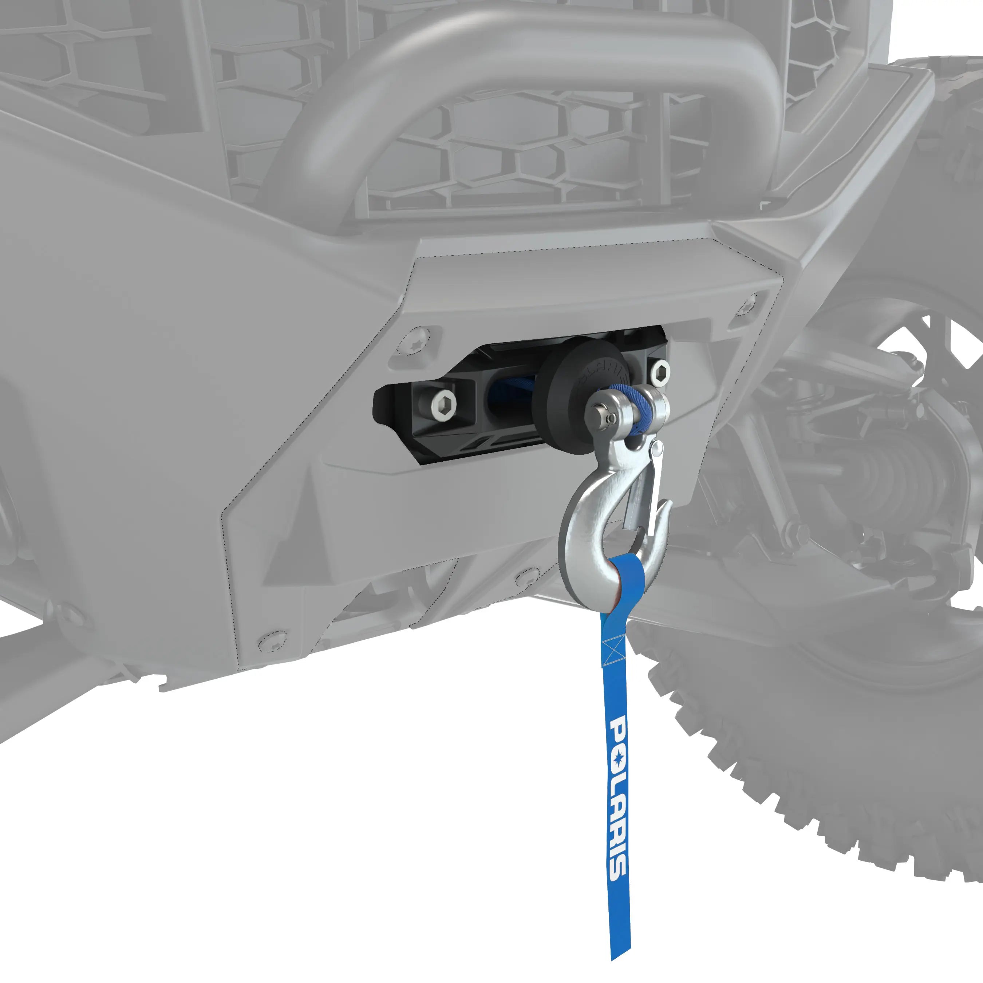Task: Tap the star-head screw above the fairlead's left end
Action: coord(415,343)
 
